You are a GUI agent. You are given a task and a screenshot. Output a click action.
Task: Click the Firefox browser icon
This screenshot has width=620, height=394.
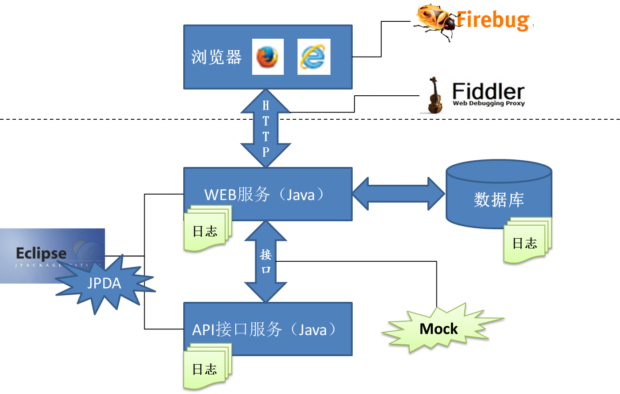pos(268,57)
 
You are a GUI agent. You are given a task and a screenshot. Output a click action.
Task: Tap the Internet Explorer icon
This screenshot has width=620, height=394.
pos(314,57)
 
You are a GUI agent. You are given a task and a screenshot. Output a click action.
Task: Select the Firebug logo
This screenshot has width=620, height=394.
pos(472,21)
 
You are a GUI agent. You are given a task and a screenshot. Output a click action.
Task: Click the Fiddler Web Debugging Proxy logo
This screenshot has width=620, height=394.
pos(472,95)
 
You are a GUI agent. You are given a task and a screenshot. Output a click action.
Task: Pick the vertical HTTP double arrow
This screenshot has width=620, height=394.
pos(266,129)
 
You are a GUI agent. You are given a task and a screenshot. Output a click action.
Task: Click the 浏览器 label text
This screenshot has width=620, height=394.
pos(217,57)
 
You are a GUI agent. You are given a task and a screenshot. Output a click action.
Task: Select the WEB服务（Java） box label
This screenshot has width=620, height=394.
pos(265,195)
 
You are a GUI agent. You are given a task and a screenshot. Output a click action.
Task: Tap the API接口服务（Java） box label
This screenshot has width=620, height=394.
pos(265,329)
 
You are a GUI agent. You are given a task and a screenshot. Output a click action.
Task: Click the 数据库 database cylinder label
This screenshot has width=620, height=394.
pos(499,199)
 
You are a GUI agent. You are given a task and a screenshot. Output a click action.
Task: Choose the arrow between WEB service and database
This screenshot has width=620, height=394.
pos(398,194)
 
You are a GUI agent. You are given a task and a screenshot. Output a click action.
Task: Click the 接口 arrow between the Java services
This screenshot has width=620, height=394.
pos(266,261)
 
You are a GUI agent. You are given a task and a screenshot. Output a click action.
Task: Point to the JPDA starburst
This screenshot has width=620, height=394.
pos(105,283)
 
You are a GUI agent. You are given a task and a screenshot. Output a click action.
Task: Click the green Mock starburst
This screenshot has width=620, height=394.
pos(438,329)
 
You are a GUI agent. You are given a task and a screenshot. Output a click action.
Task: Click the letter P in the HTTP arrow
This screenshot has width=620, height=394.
pos(266,152)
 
